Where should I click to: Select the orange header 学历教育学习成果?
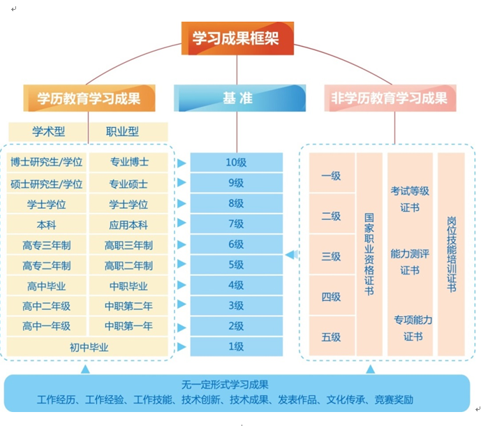click(x=89, y=98)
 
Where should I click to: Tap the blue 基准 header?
click(x=239, y=98)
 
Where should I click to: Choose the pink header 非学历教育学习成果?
click(x=390, y=98)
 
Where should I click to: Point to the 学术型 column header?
click(x=47, y=131)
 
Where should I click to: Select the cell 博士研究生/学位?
click(x=47, y=162)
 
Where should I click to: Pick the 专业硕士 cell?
click(x=128, y=184)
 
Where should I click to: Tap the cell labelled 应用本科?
click(x=128, y=225)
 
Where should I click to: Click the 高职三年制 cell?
click(x=128, y=245)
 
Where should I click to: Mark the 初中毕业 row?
click(x=88, y=347)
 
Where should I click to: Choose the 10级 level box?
click(x=235, y=163)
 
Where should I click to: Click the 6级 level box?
click(x=235, y=245)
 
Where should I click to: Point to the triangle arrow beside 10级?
click(x=182, y=163)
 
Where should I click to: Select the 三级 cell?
click(x=331, y=256)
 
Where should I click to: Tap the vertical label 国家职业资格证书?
click(x=369, y=255)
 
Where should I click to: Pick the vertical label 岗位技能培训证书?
click(x=451, y=255)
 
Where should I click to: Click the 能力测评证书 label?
click(x=411, y=262)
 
